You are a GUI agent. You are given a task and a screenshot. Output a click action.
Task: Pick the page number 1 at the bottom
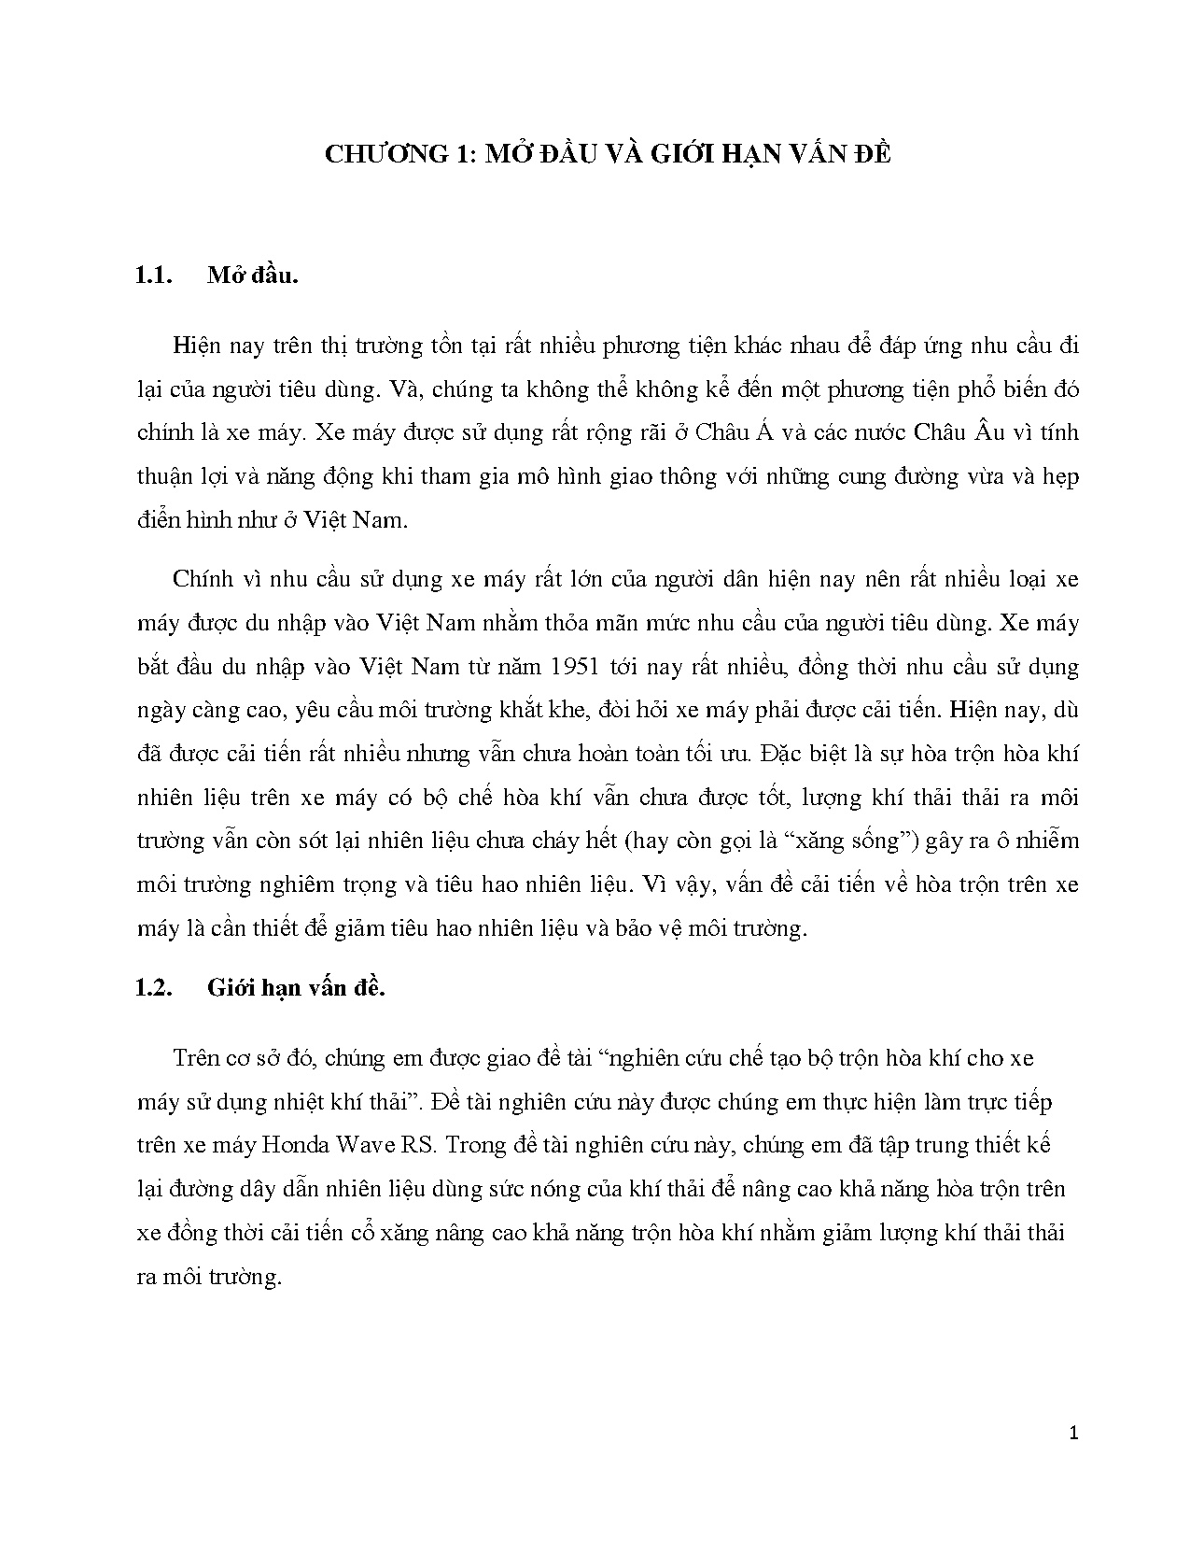1073,1433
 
